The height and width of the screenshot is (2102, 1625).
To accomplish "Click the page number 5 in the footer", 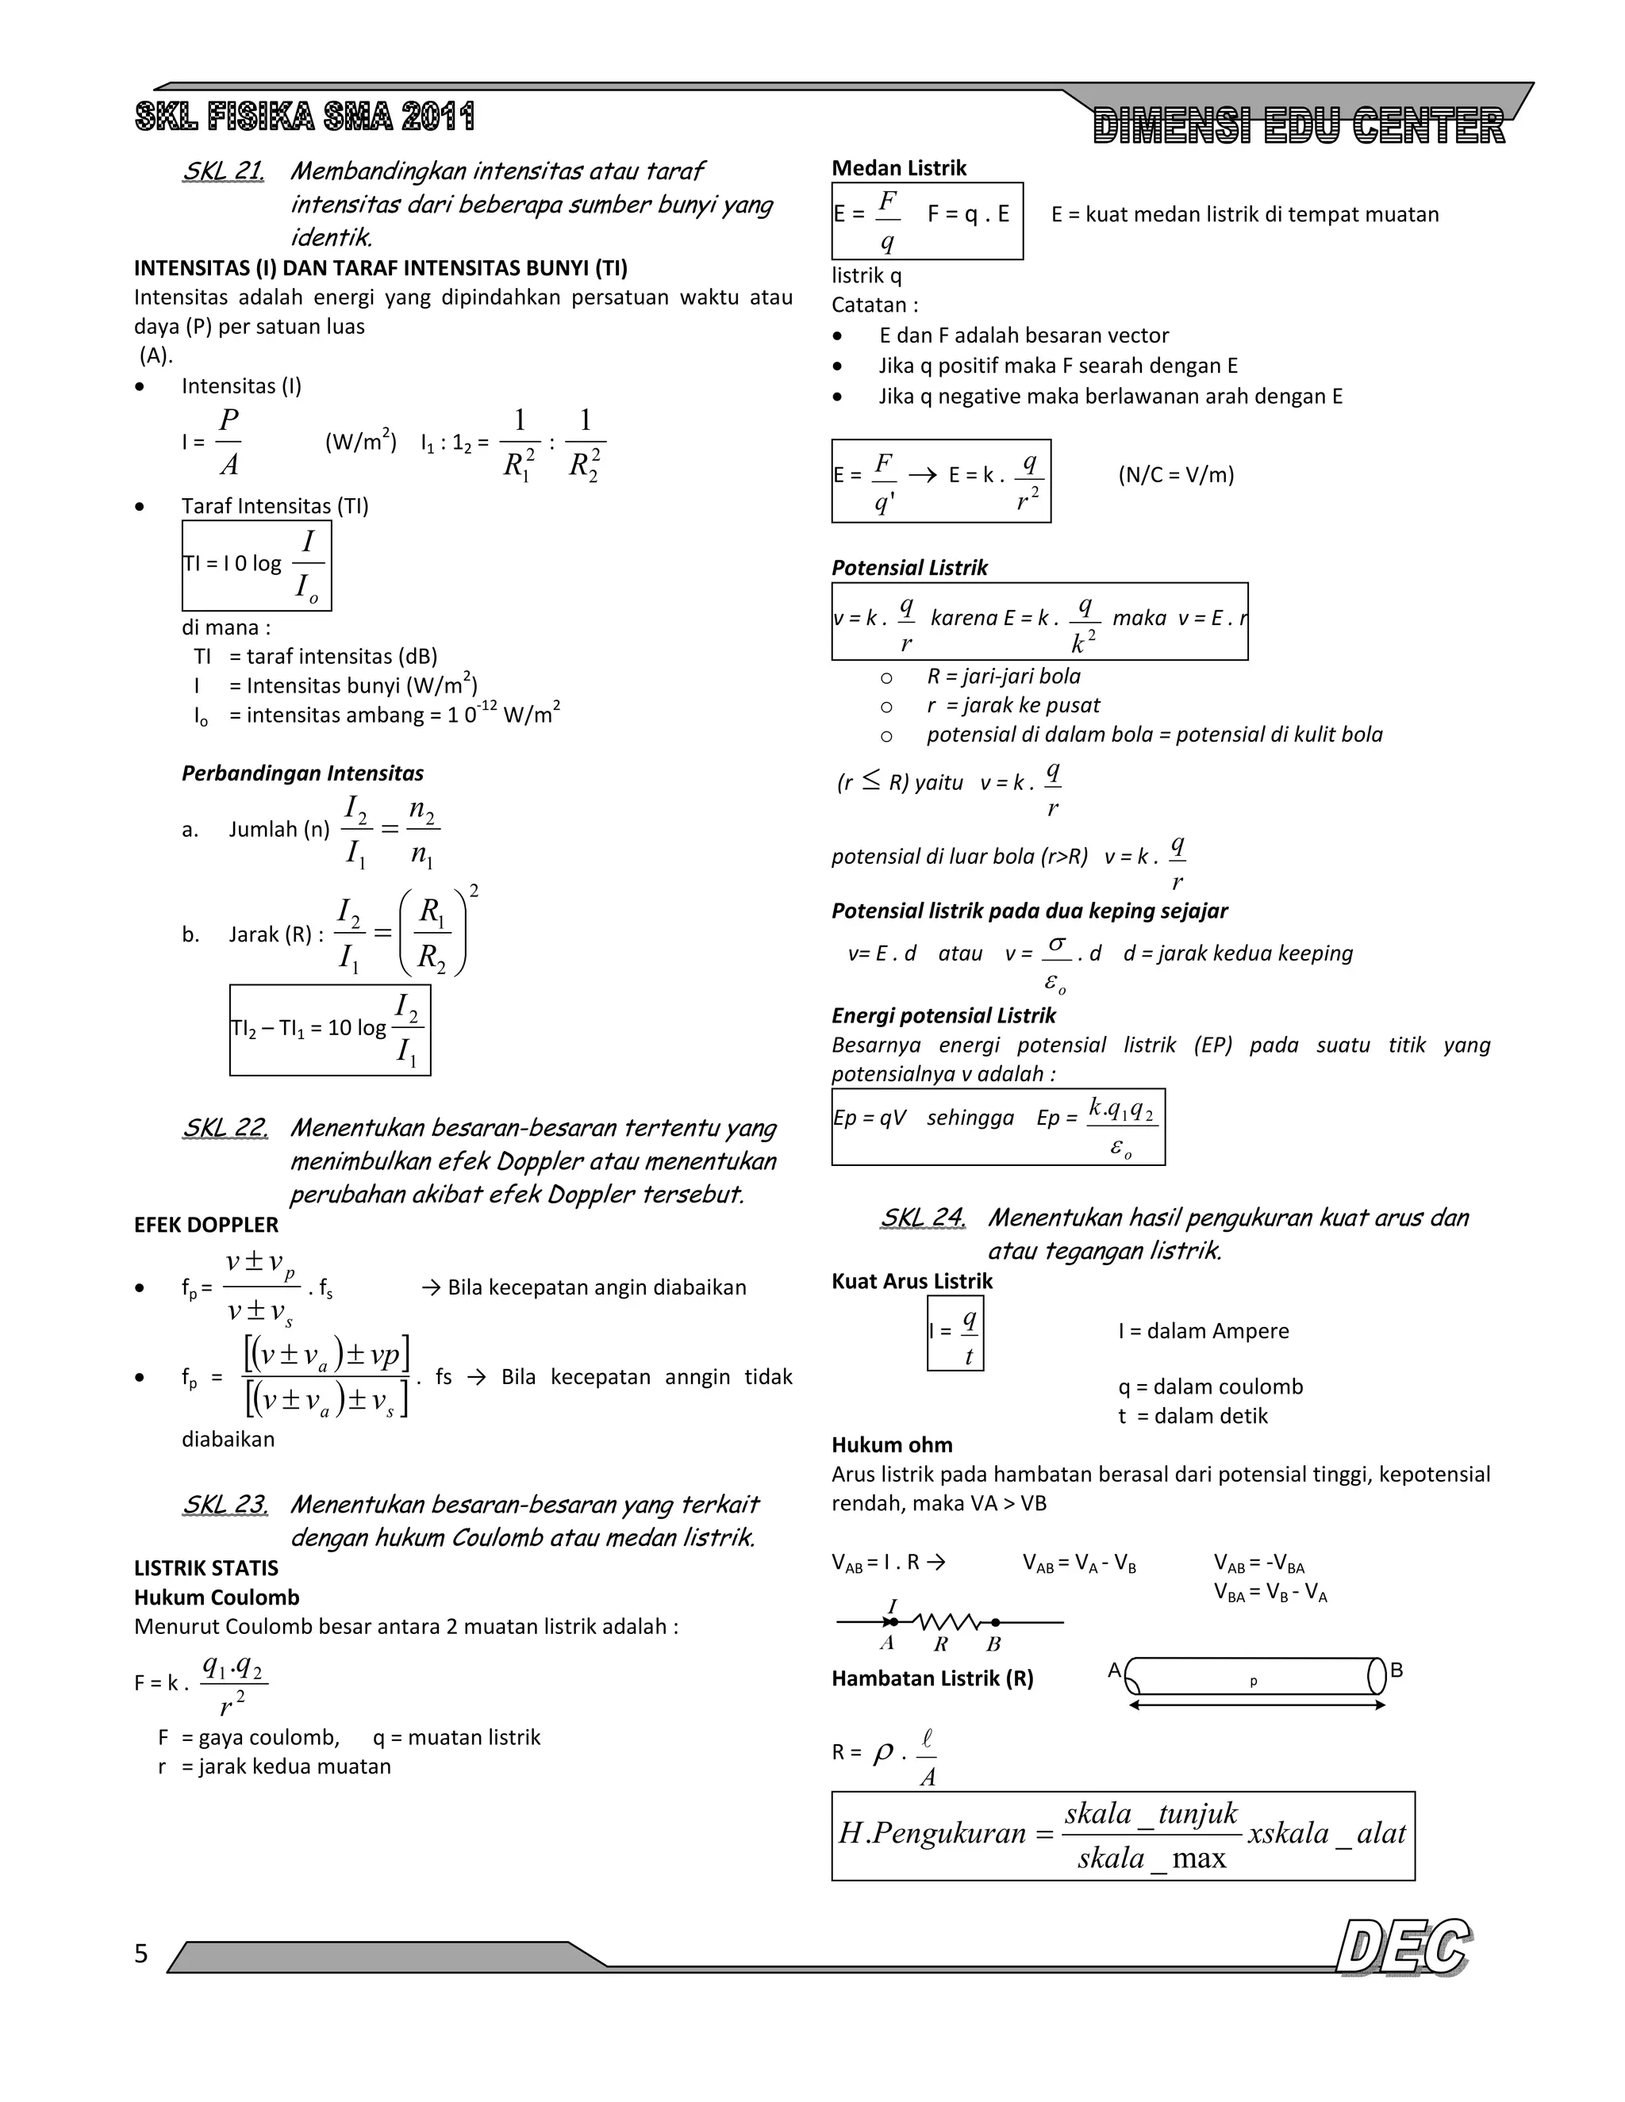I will (x=141, y=1953).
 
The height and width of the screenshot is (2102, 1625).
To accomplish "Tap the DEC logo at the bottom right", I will (x=1404, y=1948).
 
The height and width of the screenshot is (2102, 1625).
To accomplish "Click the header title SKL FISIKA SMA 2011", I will (x=305, y=117).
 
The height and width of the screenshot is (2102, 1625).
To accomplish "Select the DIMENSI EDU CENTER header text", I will (x=1299, y=127).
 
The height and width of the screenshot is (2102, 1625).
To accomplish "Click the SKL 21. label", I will (x=223, y=171).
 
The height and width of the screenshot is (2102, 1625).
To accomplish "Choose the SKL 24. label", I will (x=922, y=1218).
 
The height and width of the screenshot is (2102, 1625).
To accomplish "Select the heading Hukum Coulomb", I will (x=217, y=1597).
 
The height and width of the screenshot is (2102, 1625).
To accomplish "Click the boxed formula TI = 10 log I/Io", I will (x=257, y=566).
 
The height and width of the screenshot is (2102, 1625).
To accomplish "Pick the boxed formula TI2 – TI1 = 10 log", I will (x=330, y=1030).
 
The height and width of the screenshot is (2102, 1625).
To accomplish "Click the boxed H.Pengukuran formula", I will (x=1123, y=1835).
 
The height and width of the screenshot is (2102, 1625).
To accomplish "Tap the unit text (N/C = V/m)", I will (x=1175, y=474).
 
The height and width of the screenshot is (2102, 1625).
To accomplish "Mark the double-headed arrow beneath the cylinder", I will (x=1256, y=1705).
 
